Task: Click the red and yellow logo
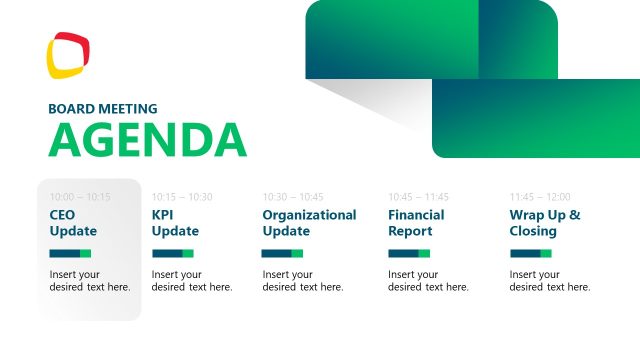(x=68, y=56)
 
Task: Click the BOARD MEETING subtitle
(x=102, y=109)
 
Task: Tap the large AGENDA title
(x=147, y=140)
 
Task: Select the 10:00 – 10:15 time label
(x=80, y=197)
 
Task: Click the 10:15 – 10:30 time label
(x=182, y=197)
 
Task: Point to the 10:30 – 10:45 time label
(x=293, y=197)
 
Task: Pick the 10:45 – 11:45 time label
(x=419, y=197)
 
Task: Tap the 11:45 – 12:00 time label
(x=540, y=197)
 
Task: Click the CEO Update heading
(x=73, y=223)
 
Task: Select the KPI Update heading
(x=175, y=223)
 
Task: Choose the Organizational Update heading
(x=309, y=223)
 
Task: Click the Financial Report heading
(x=416, y=223)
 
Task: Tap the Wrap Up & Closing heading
(x=545, y=223)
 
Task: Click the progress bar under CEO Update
(x=70, y=254)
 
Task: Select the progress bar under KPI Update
(x=172, y=254)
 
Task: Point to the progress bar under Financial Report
(x=409, y=254)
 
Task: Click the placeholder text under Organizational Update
(x=303, y=281)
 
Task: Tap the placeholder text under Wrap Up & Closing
(x=550, y=281)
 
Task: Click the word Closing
(x=533, y=231)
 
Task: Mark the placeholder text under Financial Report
(x=428, y=281)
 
